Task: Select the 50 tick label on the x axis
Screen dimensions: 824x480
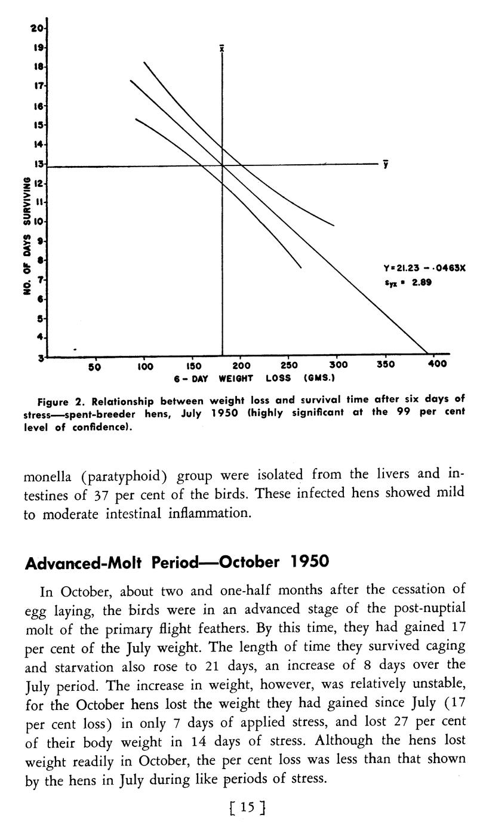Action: click(x=94, y=366)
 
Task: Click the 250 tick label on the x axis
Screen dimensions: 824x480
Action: click(x=288, y=365)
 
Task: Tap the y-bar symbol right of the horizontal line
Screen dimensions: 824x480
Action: click(x=387, y=164)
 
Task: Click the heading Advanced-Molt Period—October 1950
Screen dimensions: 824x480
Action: click(x=177, y=562)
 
